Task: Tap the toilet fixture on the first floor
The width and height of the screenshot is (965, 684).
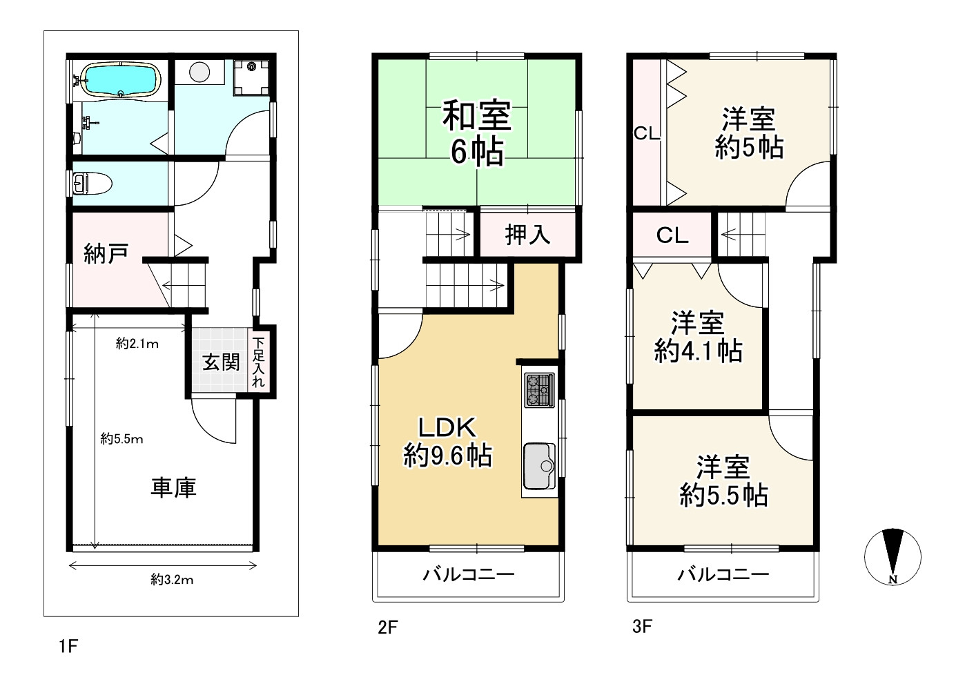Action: (x=92, y=184)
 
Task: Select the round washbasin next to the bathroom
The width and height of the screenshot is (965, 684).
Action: (x=199, y=72)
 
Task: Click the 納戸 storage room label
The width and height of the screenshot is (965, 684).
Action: (x=106, y=253)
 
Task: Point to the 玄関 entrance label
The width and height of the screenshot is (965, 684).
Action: (x=221, y=362)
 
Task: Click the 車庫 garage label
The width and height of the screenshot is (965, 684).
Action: (x=174, y=488)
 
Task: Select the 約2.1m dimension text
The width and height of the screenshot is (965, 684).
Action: (x=137, y=344)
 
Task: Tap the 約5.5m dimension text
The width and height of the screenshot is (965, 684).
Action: (x=121, y=439)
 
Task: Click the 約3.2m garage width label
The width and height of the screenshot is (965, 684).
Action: (x=172, y=580)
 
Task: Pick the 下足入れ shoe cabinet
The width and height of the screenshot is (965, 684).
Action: (x=258, y=362)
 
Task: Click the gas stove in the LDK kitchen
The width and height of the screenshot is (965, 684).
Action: (x=539, y=390)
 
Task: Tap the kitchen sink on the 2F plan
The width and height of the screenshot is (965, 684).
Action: (x=539, y=466)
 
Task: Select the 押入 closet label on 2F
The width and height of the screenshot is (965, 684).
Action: (x=527, y=235)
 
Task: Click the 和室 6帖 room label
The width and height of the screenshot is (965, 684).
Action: (x=477, y=133)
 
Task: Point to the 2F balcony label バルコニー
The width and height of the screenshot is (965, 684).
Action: (x=469, y=574)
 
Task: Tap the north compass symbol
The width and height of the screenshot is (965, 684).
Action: (x=893, y=556)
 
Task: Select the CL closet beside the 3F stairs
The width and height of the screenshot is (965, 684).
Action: (x=672, y=235)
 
